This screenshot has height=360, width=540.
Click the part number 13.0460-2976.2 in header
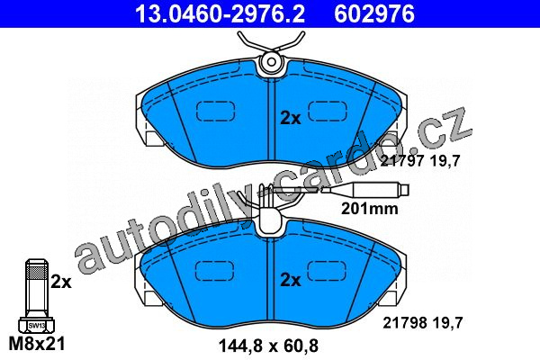click(220, 13)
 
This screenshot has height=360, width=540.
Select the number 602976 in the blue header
click(374, 13)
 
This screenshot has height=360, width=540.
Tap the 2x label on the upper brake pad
click(291, 119)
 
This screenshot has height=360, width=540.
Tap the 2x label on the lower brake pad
click(291, 280)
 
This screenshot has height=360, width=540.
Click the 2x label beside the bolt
click(61, 282)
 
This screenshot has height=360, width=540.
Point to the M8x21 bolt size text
click(37, 343)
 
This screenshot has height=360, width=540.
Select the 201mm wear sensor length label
click(370, 209)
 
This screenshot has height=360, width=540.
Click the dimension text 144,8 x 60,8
click(268, 346)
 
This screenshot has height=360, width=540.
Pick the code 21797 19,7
click(420, 160)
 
